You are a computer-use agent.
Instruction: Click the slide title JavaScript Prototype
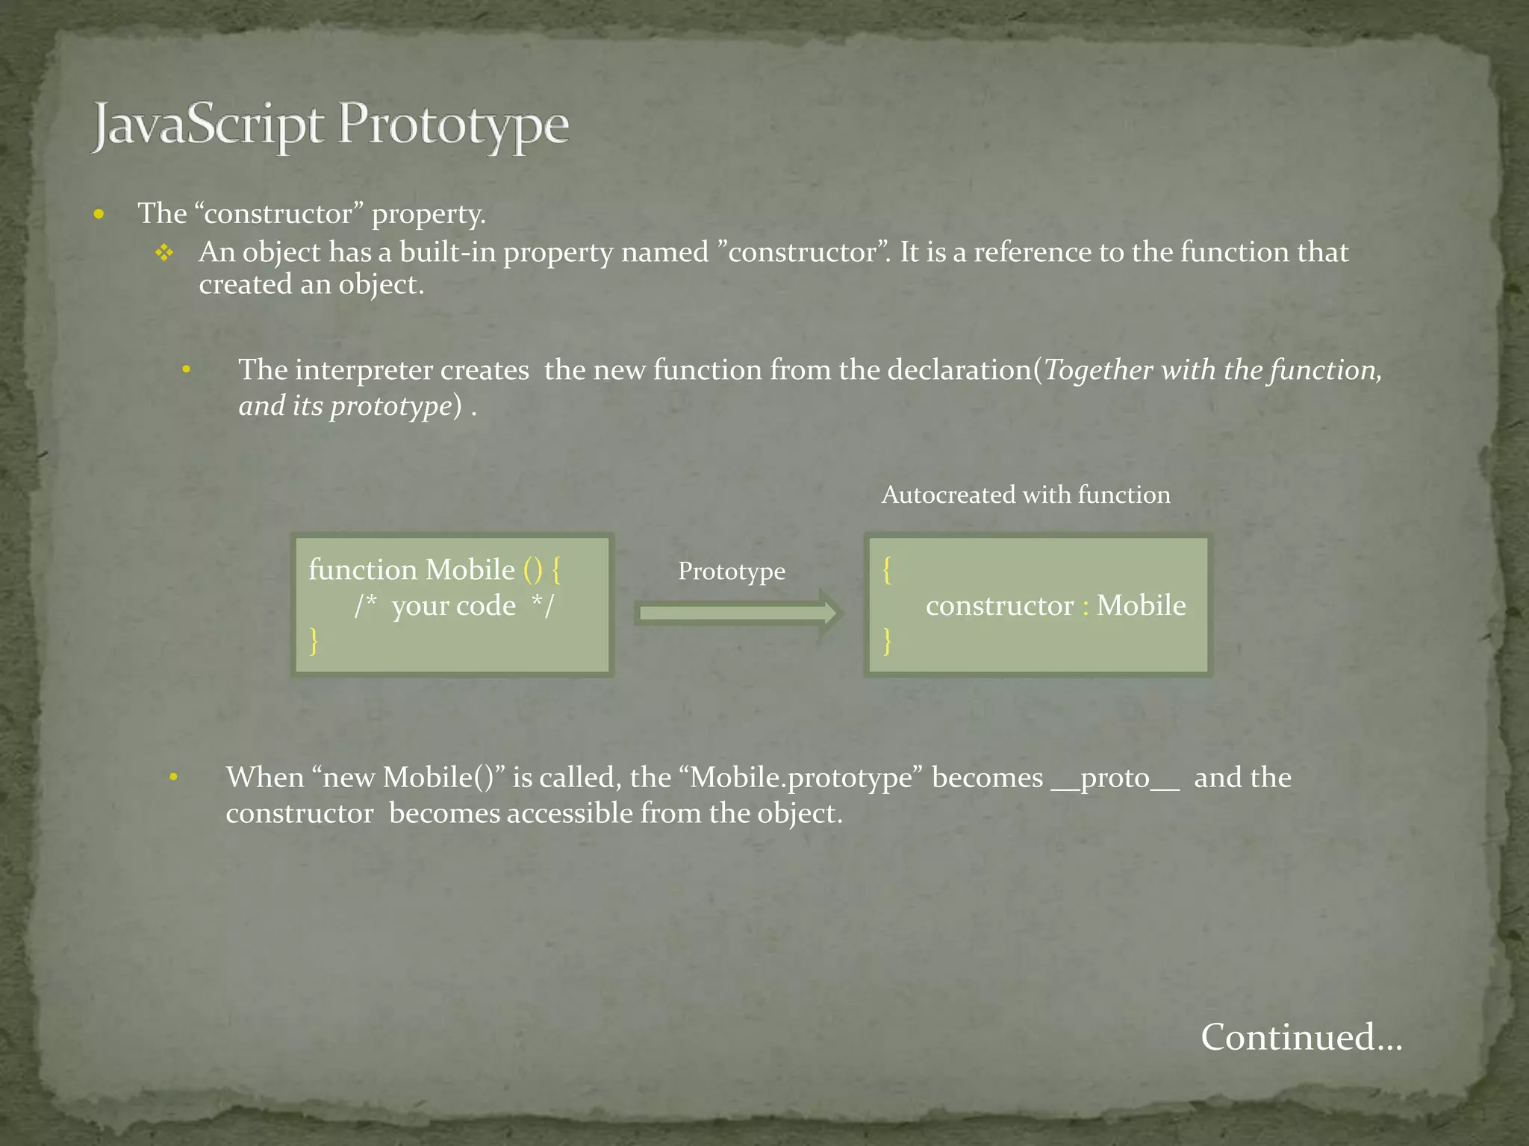(330, 126)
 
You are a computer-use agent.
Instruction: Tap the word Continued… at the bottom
(1301, 1037)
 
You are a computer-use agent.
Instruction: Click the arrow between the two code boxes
(739, 613)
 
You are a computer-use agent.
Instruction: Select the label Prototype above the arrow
(732, 572)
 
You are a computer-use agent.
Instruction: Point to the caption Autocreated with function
(1026, 495)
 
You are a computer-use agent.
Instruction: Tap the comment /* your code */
(454, 606)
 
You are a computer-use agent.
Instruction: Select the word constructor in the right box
(999, 606)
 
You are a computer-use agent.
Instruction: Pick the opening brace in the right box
(887, 570)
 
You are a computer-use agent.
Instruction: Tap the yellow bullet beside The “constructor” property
(99, 216)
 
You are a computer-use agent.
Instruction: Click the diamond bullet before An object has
(164, 254)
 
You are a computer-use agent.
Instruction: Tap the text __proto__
(1115, 778)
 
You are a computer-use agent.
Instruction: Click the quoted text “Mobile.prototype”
(802, 778)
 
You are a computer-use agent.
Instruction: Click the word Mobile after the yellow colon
(1141, 606)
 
